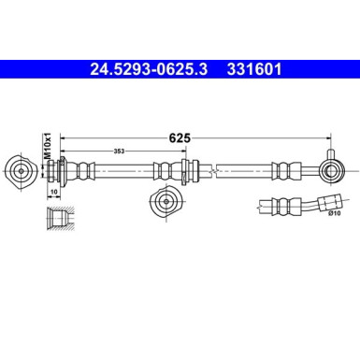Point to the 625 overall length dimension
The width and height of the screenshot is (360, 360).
pyautogui.click(x=180, y=137)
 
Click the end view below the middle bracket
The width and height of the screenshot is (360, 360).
pyautogui.click(x=166, y=201)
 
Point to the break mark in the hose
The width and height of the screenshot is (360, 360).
pyautogui.click(x=216, y=170)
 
